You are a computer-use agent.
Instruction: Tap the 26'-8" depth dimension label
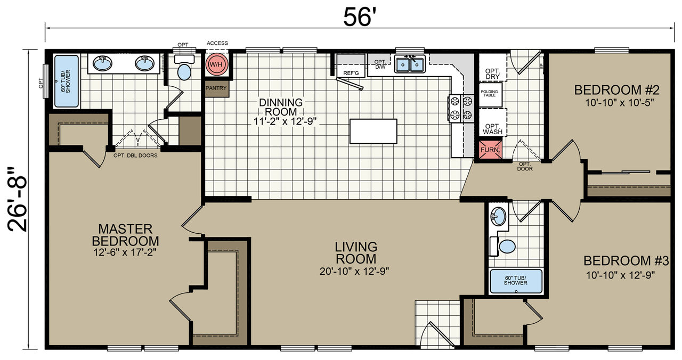click(x=18, y=200)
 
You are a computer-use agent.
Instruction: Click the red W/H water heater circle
click(x=217, y=64)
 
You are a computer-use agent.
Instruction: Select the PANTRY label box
click(x=216, y=88)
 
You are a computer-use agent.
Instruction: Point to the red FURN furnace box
click(x=490, y=150)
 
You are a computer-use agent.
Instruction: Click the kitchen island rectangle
click(x=374, y=131)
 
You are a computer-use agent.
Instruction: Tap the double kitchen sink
click(x=410, y=64)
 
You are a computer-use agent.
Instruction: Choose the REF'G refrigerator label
click(x=351, y=73)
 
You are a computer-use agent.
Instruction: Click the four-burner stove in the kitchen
click(x=461, y=108)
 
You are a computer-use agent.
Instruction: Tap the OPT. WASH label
click(x=492, y=129)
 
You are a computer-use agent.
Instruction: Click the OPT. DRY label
click(x=493, y=74)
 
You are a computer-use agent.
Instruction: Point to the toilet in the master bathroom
click(x=184, y=68)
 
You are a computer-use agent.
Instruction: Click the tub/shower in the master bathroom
click(x=67, y=81)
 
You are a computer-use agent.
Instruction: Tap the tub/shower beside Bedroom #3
click(x=516, y=281)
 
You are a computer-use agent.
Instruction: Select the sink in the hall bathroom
click(x=498, y=216)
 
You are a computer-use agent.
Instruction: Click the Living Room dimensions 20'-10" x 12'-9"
click(x=354, y=271)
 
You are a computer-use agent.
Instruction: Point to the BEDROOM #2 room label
click(x=617, y=90)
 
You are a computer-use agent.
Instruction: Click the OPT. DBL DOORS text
click(x=135, y=156)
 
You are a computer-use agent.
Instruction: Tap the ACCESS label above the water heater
click(x=217, y=43)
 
